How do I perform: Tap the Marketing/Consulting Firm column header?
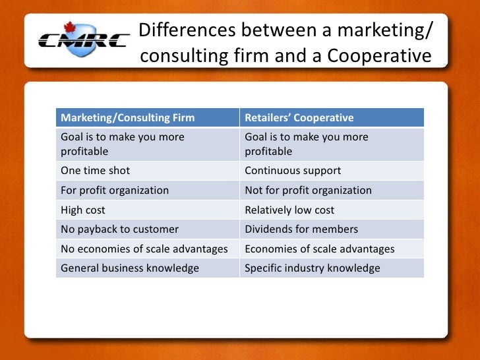pos(128,118)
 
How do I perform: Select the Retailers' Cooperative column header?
pos(299,118)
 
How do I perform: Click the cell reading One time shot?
pos(95,170)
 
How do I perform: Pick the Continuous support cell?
pos(293,170)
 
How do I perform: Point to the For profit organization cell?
pos(115,190)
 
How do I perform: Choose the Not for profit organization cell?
pos(308,190)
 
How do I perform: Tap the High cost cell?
pos(83,210)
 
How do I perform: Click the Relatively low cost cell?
pos(289,210)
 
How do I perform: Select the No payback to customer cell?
pos(119,229)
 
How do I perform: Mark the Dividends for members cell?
pos(301,229)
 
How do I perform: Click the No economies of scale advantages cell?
pos(144,249)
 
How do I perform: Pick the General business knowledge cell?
pos(130,268)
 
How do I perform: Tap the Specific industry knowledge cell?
pos(312,268)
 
